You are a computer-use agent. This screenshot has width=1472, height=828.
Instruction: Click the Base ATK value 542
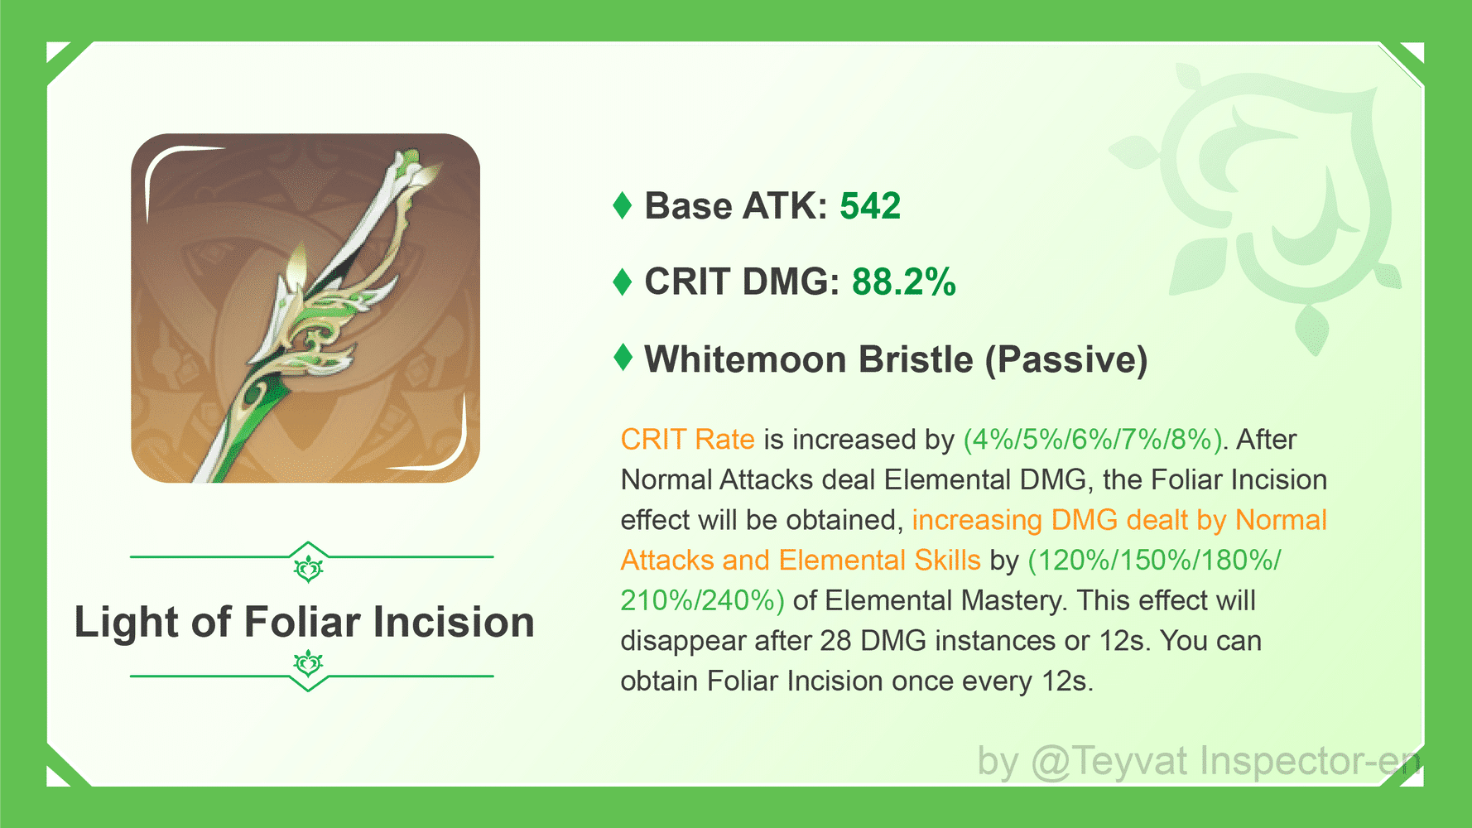[x=869, y=206]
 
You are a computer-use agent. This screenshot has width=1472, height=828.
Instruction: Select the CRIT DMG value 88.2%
[x=903, y=282]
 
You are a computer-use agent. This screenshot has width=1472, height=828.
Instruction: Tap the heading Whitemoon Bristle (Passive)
[x=896, y=359]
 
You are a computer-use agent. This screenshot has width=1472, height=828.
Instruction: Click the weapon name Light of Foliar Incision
[x=305, y=622]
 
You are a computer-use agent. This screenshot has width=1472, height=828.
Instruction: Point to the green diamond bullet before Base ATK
[x=623, y=205]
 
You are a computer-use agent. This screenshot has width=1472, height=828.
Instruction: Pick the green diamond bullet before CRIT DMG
[x=623, y=282]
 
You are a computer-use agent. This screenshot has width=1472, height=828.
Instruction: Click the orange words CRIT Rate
[x=687, y=439]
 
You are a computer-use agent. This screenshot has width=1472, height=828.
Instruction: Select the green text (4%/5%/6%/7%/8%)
[x=1093, y=439]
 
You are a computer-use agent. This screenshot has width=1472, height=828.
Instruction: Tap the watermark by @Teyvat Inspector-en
[x=1197, y=761]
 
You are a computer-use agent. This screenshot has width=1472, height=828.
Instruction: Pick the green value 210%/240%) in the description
[x=702, y=600]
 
